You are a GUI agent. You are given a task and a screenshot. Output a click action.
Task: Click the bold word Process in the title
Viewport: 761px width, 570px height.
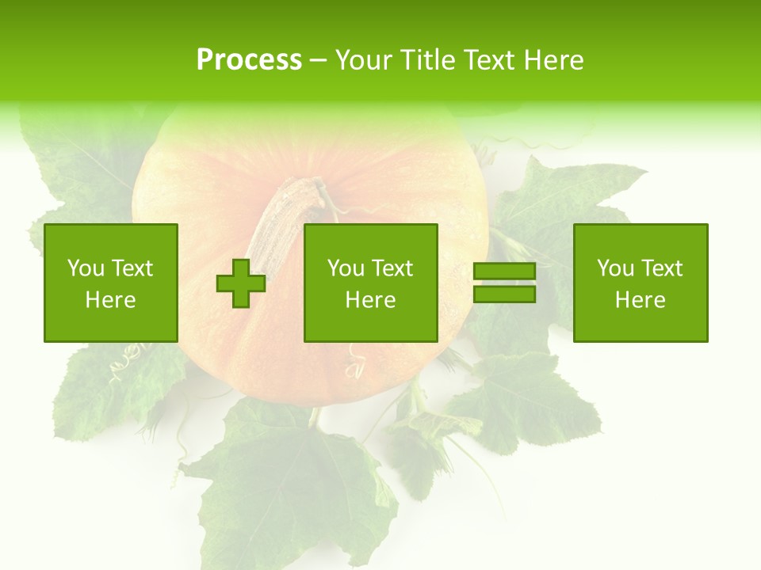(249, 60)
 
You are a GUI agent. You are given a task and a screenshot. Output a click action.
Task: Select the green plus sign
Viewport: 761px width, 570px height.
(241, 283)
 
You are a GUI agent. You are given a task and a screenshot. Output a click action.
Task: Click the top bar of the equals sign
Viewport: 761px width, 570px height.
(504, 272)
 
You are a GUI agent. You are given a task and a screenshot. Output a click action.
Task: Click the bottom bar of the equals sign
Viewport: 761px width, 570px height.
(504, 294)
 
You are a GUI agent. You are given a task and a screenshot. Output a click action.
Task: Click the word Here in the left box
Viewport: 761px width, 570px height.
(111, 300)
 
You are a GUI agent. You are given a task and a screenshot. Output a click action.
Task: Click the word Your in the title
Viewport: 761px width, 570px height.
(364, 60)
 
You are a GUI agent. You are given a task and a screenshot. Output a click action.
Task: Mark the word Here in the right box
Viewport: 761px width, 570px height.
(641, 300)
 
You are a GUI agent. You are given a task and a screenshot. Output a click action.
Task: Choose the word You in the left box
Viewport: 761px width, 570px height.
(86, 268)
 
